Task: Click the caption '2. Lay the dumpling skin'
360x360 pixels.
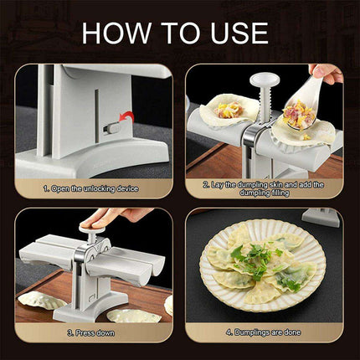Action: click(264, 187)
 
